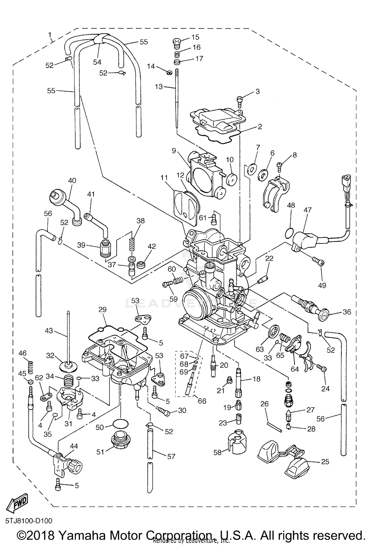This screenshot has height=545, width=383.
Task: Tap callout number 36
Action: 347,312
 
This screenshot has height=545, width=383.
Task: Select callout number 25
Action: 325,462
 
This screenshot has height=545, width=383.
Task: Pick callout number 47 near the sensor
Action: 308,210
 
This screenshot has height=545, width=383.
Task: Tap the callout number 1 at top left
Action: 50,34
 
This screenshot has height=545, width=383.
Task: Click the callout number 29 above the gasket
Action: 102,309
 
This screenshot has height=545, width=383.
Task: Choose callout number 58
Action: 218,452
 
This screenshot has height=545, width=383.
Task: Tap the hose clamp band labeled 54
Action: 100,40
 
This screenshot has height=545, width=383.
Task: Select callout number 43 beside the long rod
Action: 49,331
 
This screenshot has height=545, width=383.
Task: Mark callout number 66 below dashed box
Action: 202,401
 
